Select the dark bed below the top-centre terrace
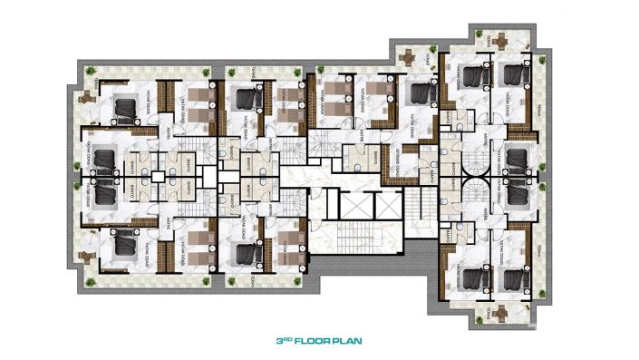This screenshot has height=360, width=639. [418, 92]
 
